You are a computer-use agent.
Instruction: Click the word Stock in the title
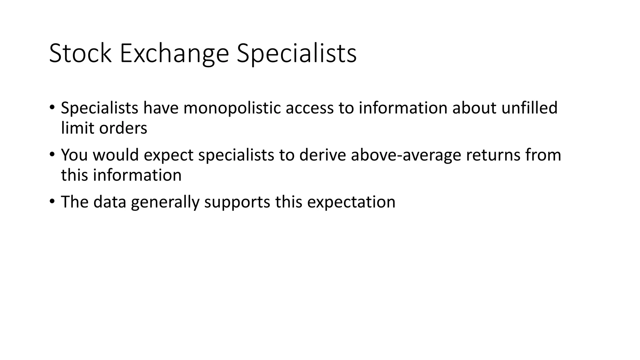point(80,54)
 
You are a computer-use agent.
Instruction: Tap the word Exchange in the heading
point(174,54)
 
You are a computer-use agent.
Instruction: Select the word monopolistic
point(232,108)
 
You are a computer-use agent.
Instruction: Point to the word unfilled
point(529,108)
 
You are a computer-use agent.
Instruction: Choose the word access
point(309,108)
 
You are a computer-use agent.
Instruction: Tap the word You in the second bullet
point(74,155)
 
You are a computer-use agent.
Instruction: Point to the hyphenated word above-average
point(406,155)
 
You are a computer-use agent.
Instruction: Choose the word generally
point(165,202)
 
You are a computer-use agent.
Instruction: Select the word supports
point(237,202)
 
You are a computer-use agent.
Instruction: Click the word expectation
point(351,202)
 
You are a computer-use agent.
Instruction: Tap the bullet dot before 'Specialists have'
point(52,107)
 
